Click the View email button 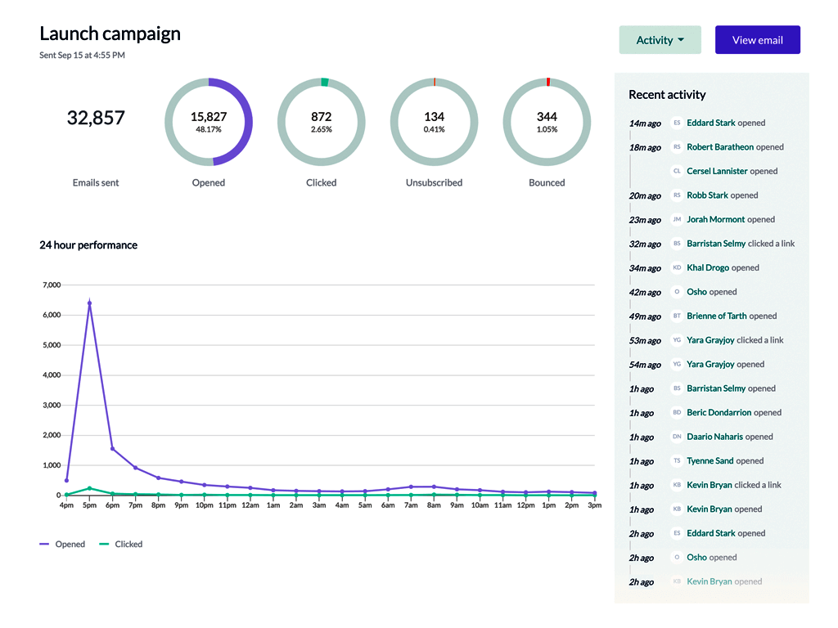click(757, 40)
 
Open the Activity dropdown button click(660, 40)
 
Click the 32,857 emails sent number click(96, 118)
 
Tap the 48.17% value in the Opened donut click(209, 130)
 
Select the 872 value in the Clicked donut click(321, 116)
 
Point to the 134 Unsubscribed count click(434, 116)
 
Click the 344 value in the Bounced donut click(547, 116)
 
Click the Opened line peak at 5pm click(89, 303)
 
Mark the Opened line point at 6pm click(112, 449)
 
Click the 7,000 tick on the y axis click(52, 285)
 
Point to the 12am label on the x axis click(250, 505)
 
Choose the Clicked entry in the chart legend click(121, 544)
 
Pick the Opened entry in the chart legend click(62, 544)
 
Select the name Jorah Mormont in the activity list click(715, 219)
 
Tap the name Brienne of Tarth click(717, 316)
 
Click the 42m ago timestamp click(645, 293)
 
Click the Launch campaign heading click(110, 34)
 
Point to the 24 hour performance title click(88, 245)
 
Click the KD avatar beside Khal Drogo click(677, 267)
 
